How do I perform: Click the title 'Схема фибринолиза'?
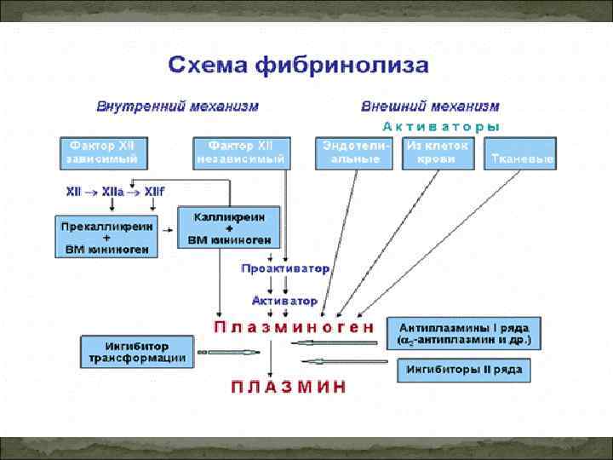pyautogui.click(x=298, y=65)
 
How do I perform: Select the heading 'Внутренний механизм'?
pyautogui.click(x=177, y=107)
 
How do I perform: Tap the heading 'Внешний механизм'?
pyautogui.click(x=430, y=107)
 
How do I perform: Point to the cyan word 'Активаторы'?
pyautogui.click(x=441, y=126)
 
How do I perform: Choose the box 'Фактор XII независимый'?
pyautogui.click(x=242, y=152)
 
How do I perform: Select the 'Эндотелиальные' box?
pyautogui.click(x=355, y=152)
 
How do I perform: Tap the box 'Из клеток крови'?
pyautogui.click(x=438, y=152)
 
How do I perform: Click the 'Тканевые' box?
pyautogui.click(x=519, y=159)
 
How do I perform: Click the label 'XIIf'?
pyautogui.click(x=154, y=193)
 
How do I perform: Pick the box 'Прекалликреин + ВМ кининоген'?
pyautogui.click(x=106, y=238)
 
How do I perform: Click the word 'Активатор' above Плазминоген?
pyautogui.click(x=285, y=301)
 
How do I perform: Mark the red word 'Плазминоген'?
pyautogui.click(x=293, y=327)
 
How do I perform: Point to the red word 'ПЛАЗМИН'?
pyautogui.click(x=289, y=387)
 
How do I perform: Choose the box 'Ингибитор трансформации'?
pyautogui.click(x=136, y=353)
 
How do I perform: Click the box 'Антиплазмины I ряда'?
pyautogui.click(x=463, y=334)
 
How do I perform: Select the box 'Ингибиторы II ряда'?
pyautogui.click(x=463, y=371)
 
